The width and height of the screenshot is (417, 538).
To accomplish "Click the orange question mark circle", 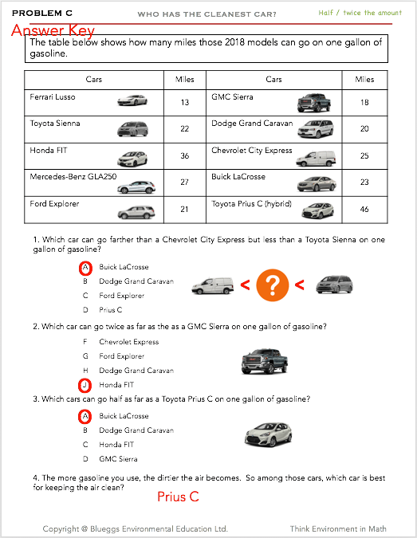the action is point(273,285).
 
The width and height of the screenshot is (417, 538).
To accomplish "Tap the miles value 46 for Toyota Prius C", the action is point(364,210).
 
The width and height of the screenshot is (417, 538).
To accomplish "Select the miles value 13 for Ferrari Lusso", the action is point(185,102).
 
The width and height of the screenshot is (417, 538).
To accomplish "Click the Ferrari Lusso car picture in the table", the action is point(132,100).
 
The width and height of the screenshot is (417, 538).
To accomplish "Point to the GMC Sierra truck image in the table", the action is point(314,103).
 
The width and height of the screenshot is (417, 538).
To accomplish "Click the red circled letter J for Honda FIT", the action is point(85,385).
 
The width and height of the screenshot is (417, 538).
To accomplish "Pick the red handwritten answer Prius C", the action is point(178,497).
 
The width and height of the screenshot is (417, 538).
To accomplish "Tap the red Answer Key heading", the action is point(53,30).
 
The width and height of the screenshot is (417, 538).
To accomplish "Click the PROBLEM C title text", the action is point(42,14).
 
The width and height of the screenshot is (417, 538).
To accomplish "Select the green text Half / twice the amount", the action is point(360,13).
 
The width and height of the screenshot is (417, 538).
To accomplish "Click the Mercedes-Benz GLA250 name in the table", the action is point(73,177).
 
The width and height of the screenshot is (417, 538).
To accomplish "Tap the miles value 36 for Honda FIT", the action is point(185,155).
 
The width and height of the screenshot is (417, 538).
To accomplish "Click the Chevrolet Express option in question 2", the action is point(129,342).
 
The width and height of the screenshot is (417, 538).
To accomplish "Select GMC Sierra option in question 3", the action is point(119,459).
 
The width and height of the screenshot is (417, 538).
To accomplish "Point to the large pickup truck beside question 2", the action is point(265,360).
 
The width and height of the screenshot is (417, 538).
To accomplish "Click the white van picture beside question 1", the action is point(213,285).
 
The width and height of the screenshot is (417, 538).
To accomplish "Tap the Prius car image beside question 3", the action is point(269,434).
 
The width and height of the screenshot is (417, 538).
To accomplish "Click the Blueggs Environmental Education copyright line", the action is point(136,528).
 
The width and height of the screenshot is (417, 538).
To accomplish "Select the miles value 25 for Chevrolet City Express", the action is point(364,155).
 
